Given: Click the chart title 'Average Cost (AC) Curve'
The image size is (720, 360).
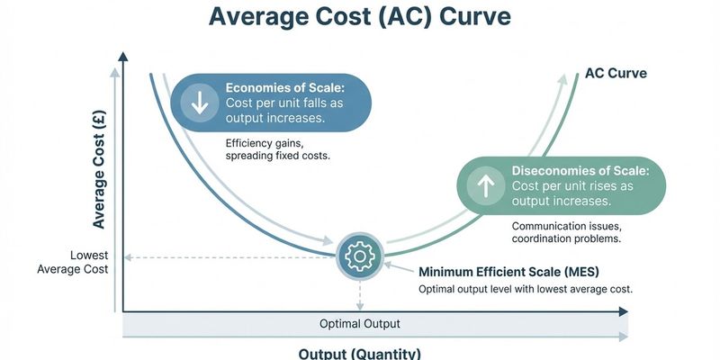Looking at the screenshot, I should pos(360,19).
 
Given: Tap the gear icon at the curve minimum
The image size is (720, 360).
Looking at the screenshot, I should pos(360,257).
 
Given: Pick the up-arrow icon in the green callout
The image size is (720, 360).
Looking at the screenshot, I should pos(486,185).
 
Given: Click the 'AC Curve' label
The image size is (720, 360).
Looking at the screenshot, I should pos(616,72).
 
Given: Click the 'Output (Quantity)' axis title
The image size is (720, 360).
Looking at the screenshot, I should pos(360,353).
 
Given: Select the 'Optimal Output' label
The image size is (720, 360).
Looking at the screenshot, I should pos(360,323).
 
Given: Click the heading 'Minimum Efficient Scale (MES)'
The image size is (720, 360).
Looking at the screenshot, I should pos(509,271).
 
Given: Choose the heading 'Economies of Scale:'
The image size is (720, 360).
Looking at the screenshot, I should pos(285,87).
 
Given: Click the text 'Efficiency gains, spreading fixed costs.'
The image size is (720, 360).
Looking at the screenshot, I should pos(278,150).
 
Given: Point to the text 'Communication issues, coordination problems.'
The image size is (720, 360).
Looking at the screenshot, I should pos(566,232).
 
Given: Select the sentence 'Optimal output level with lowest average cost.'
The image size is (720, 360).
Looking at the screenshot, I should pos(526,289).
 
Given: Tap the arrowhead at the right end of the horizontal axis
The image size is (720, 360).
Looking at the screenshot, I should pos(625,312).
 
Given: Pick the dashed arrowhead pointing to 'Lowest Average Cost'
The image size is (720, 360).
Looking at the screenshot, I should pos(127,257).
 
